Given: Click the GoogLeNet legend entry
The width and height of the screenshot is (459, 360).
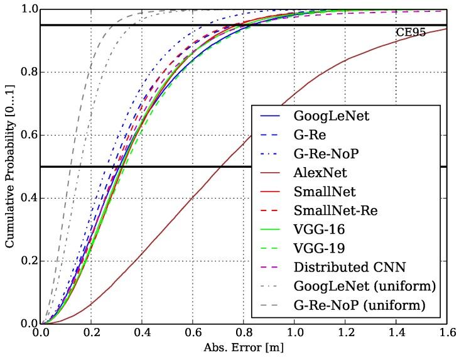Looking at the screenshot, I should (323, 116).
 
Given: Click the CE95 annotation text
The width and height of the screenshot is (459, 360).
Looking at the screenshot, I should (411, 33).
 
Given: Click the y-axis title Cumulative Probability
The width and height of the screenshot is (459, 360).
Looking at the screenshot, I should (11, 166).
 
